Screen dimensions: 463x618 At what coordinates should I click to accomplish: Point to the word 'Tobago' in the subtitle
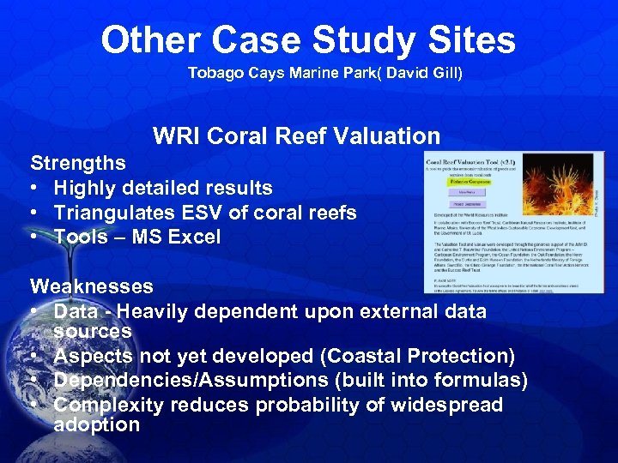click(211, 74)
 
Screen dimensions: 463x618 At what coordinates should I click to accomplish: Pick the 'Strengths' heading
click(78, 163)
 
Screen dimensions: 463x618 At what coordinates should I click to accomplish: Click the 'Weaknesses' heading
click(92, 286)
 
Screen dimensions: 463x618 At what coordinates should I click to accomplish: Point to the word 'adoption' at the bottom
click(96, 424)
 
